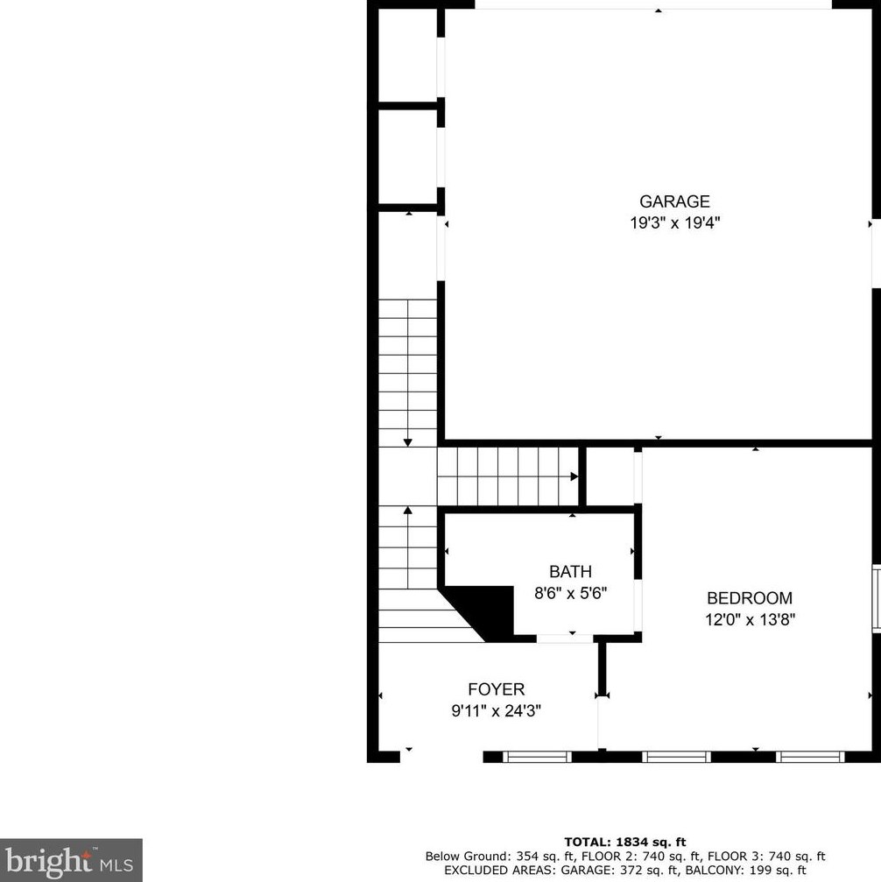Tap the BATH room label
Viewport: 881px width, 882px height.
click(570, 572)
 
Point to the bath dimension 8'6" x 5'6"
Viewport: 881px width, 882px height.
click(570, 593)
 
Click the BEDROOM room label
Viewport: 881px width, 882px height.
click(749, 598)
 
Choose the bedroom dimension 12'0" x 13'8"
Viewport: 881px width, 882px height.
click(749, 619)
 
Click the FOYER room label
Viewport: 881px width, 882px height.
click(496, 690)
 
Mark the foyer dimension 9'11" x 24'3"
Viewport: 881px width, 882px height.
click(496, 711)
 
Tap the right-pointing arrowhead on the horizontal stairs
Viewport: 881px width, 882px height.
click(574, 476)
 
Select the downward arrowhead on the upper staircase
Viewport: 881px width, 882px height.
click(408, 442)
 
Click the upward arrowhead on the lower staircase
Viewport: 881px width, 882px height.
click(408, 510)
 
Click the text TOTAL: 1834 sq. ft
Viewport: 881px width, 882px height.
click(624, 842)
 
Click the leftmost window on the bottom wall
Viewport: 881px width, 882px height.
click(537, 757)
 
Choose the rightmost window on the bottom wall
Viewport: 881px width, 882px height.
click(810, 757)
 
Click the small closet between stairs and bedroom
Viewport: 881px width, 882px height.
click(610, 476)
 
